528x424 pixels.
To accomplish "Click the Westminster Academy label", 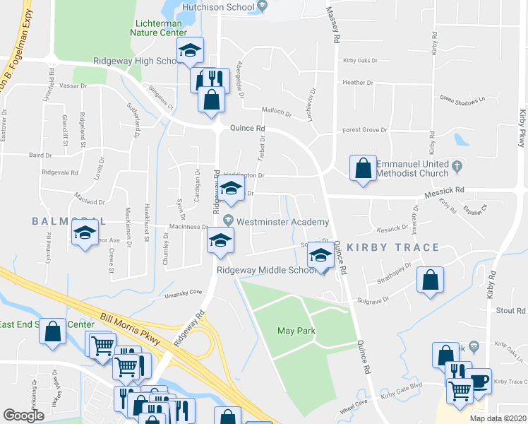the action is coord(282,222).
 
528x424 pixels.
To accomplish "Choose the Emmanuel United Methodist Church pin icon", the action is coord(457,167).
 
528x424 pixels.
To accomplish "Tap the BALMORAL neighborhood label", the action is coord(68,221).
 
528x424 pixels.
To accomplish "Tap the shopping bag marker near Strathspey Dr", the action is coord(430,281).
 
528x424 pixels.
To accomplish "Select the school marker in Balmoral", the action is coord(85,232).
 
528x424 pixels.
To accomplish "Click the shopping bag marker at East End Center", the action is coord(53,331).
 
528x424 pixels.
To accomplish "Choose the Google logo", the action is coord(23,415).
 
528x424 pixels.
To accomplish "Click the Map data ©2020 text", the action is coord(497,418).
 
